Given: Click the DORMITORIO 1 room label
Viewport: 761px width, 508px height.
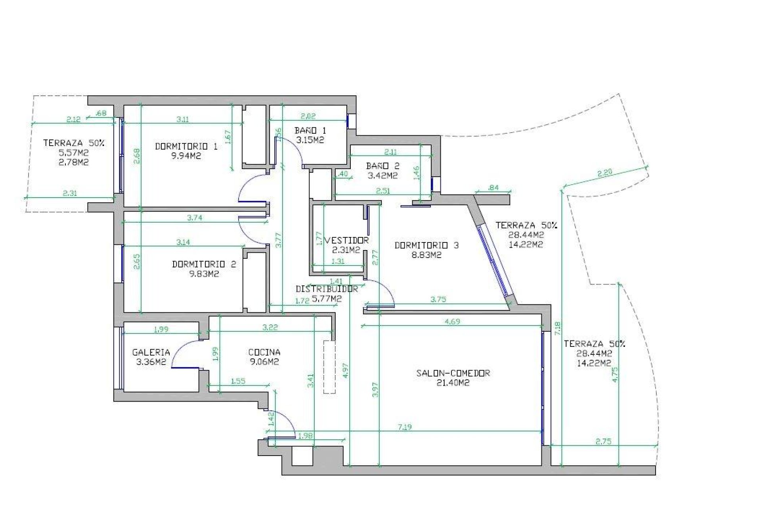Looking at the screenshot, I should tap(186, 146).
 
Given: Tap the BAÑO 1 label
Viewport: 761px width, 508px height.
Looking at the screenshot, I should tap(310, 131).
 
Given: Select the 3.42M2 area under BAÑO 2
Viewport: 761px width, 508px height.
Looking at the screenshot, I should tap(382, 175).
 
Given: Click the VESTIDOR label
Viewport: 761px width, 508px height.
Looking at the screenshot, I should tap(347, 241).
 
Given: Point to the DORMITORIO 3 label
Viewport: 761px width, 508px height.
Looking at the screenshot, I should tap(426, 245).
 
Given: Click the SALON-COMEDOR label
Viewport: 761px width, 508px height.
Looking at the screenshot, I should tap(453, 373).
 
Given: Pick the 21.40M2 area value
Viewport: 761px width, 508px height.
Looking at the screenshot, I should tap(453, 383).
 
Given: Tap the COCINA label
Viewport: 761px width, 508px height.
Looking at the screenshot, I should tap(264, 352).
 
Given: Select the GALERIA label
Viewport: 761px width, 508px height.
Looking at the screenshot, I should tap(151, 352).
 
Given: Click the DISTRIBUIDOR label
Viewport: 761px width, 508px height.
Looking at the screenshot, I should tap(327, 289).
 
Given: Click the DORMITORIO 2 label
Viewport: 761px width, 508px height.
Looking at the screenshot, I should tap(204, 264).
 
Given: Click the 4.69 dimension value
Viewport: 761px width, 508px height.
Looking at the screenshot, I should tap(452, 321).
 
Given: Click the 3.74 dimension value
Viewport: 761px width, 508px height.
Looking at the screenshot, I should tap(195, 217).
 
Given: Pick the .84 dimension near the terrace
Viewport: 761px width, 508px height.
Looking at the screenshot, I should tap(493, 188).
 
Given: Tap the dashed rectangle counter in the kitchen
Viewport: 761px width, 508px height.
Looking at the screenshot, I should tap(329, 367).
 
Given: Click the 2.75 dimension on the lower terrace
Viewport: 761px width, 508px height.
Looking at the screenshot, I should tap(603, 441).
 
